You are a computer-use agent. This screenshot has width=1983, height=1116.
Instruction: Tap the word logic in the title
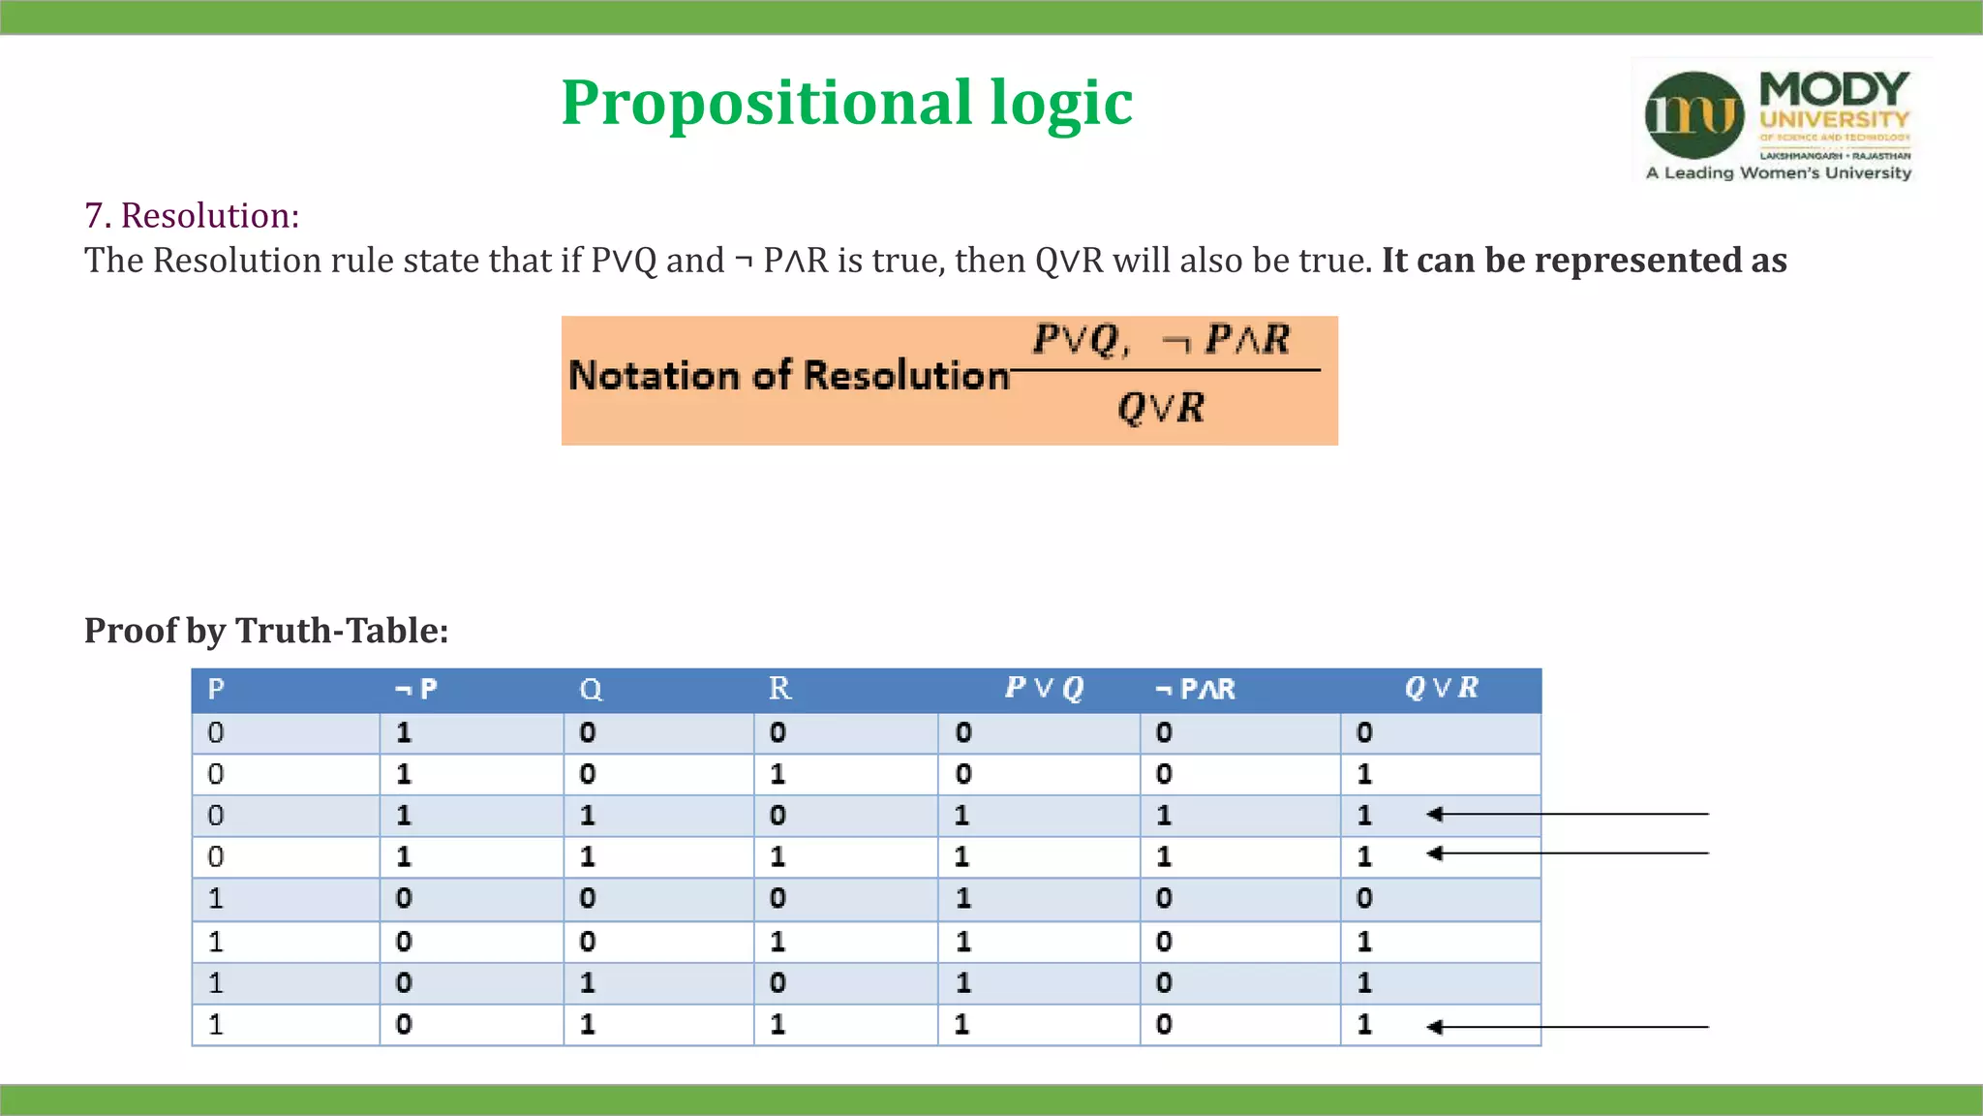point(1061,104)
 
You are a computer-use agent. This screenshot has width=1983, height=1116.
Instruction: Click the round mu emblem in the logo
point(1694,114)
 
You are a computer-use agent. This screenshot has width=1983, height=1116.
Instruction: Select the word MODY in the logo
point(1834,89)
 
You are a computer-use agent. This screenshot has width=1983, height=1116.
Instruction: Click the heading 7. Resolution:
point(192,215)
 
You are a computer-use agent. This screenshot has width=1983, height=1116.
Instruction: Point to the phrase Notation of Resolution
point(788,376)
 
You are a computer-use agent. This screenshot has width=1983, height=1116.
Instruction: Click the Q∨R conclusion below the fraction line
point(1161,408)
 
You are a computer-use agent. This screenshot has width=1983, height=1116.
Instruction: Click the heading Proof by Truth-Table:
point(266,631)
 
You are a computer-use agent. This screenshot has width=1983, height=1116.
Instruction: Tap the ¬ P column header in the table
point(416,690)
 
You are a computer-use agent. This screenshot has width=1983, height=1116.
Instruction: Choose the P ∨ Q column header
point(1044,689)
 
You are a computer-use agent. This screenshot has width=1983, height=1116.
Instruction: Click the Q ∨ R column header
point(1441,689)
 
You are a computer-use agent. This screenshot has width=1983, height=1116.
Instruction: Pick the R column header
point(779,689)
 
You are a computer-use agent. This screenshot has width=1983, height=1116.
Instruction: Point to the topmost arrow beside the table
point(1569,814)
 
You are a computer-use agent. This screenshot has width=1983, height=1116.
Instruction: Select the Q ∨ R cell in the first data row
point(1364,733)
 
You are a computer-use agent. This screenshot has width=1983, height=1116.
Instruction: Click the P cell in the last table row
point(216,1025)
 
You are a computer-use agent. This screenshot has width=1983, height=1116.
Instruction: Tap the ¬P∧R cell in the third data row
point(1164,816)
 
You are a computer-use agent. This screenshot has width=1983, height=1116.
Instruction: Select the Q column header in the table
point(591,690)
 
